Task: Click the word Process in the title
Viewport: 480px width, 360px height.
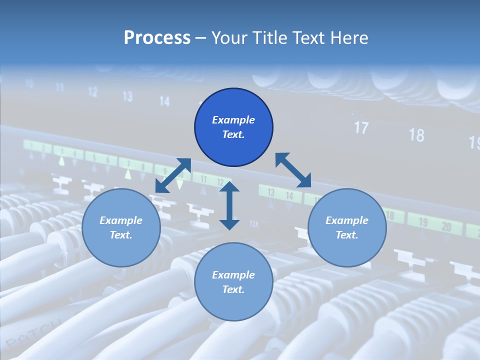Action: [x=157, y=38]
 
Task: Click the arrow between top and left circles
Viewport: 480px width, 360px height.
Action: [x=173, y=175]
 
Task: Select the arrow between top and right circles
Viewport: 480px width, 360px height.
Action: [x=293, y=170]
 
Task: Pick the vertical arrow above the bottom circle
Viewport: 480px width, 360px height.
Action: [x=229, y=205]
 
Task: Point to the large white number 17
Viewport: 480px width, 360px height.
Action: [x=361, y=127]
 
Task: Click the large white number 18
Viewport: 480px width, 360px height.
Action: [x=416, y=134]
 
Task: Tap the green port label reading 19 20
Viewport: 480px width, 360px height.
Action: [x=434, y=224]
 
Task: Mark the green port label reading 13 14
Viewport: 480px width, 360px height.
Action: [x=280, y=194]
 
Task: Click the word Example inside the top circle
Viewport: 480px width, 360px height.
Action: [x=233, y=120]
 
